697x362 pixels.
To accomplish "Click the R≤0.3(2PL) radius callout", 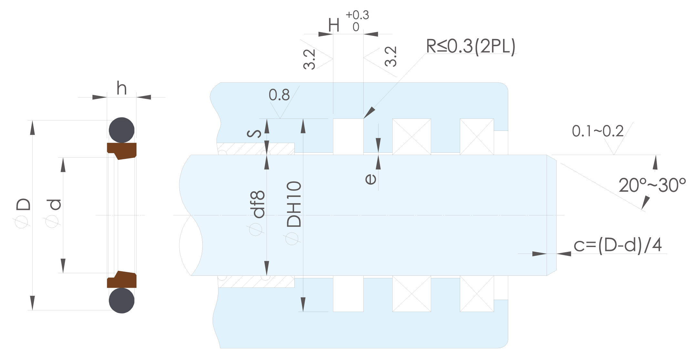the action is click(471, 46).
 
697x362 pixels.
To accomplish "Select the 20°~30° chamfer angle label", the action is click(652, 185).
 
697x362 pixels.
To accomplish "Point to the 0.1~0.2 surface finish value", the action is click(598, 131).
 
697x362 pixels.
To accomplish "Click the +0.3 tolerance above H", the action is click(357, 15).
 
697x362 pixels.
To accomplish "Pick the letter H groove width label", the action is click(334, 25).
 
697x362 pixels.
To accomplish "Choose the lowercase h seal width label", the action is click(122, 88).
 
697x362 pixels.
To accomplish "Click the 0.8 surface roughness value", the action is click(279, 95).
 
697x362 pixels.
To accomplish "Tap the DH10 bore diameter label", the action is click(294, 204).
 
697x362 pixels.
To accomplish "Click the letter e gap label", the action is click(370, 179).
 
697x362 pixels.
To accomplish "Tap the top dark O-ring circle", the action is click(122, 130).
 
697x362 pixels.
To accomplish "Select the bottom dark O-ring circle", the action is click(122, 300).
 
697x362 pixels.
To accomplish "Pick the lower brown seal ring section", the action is click(122, 279).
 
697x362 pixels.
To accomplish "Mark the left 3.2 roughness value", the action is click(309, 59).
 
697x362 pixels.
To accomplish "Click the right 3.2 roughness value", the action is click(391, 57).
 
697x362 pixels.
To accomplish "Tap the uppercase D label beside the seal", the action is click(24, 204).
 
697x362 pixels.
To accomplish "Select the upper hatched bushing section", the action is click(256, 149).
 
